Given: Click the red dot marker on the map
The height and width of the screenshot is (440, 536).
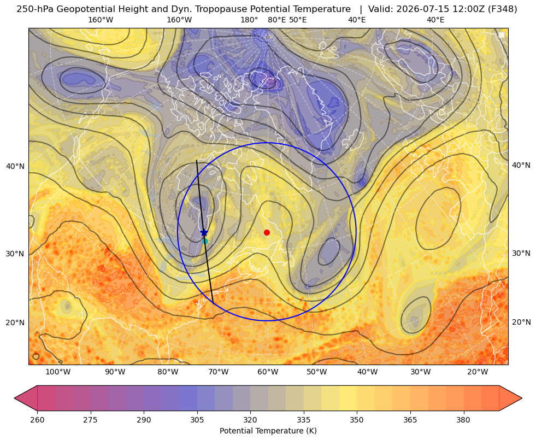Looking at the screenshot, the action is [267, 232].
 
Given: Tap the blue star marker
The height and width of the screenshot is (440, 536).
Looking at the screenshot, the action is [204, 233].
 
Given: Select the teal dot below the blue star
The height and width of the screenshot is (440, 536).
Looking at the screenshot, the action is [205, 241].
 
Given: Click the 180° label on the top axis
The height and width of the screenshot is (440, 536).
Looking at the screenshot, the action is [249, 20].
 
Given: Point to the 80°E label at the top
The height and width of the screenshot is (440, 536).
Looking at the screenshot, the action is [276, 20].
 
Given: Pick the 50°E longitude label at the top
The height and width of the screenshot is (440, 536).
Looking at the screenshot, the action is [298, 20].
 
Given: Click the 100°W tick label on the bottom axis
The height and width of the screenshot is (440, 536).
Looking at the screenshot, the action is [58, 372].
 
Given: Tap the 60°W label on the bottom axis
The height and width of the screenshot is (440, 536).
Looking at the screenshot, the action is [268, 372].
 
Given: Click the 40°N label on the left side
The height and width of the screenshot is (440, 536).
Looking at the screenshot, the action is [15, 166].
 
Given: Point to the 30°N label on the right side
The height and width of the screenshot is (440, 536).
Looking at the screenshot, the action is [521, 253].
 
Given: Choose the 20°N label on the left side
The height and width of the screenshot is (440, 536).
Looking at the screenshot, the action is [15, 322].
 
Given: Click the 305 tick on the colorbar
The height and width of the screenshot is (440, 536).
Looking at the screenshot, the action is [197, 419].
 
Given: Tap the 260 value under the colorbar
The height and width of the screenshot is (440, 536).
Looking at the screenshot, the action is [37, 419].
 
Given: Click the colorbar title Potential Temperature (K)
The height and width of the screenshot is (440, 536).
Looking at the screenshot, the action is [268, 431].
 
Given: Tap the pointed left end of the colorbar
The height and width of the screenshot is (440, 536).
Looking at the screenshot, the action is [15, 398].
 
